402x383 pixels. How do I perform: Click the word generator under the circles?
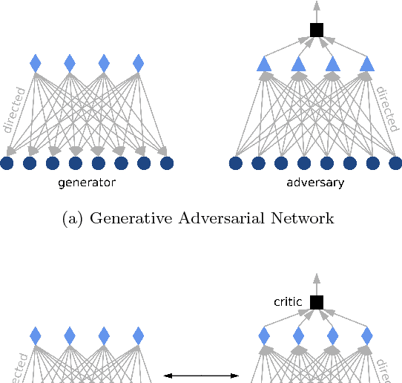[88, 182]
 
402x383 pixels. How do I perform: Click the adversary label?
[315, 182]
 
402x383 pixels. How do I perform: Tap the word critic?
[288, 302]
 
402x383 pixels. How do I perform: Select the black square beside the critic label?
[317, 302]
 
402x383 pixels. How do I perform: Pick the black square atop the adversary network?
[317, 30]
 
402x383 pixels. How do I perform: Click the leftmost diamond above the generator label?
[35, 63]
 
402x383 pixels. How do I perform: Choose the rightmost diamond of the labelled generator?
[138, 63]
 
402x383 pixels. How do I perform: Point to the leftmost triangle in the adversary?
[264, 65]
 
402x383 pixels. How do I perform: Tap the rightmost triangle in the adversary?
[367, 65]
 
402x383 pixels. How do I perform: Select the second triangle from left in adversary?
[298, 65]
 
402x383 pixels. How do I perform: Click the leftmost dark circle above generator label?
[7, 163]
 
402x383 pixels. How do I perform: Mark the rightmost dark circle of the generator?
[167, 163]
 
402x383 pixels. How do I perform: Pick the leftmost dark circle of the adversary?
[236, 163]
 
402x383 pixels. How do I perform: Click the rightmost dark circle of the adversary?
[395, 163]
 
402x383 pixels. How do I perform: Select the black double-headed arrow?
[201, 376]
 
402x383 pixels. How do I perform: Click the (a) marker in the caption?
[76, 218]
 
